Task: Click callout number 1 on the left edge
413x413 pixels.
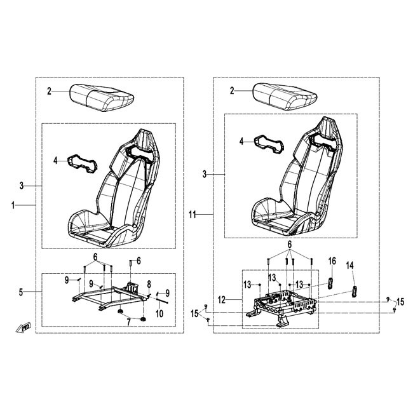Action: click(x=13, y=205)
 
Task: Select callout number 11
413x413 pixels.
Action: click(x=193, y=215)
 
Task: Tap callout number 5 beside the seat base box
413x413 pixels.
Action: click(x=21, y=292)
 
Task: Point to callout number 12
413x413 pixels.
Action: click(x=222, y=300)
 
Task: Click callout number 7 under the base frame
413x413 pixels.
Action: click(x=129, y=322)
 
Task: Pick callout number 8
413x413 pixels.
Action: click(x=149, y=284)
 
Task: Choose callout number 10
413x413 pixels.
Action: click(x=159, y=314)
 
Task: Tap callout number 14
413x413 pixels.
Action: click(x=350, y=266)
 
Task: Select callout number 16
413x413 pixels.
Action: click(x=332, y=261)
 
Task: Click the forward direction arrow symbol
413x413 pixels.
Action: click(x=24, y=328)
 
